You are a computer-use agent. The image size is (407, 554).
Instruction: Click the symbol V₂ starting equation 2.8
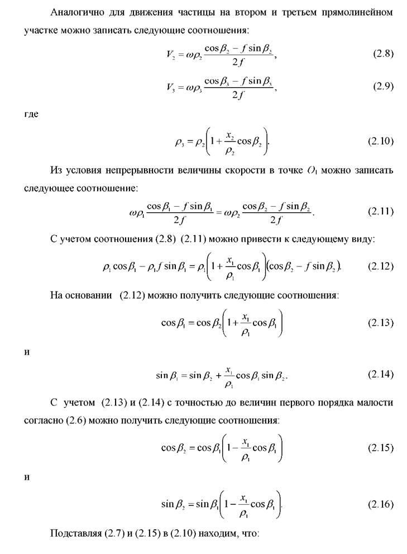[171, 55]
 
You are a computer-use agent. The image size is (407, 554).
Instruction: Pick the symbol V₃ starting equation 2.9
[171, 87]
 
